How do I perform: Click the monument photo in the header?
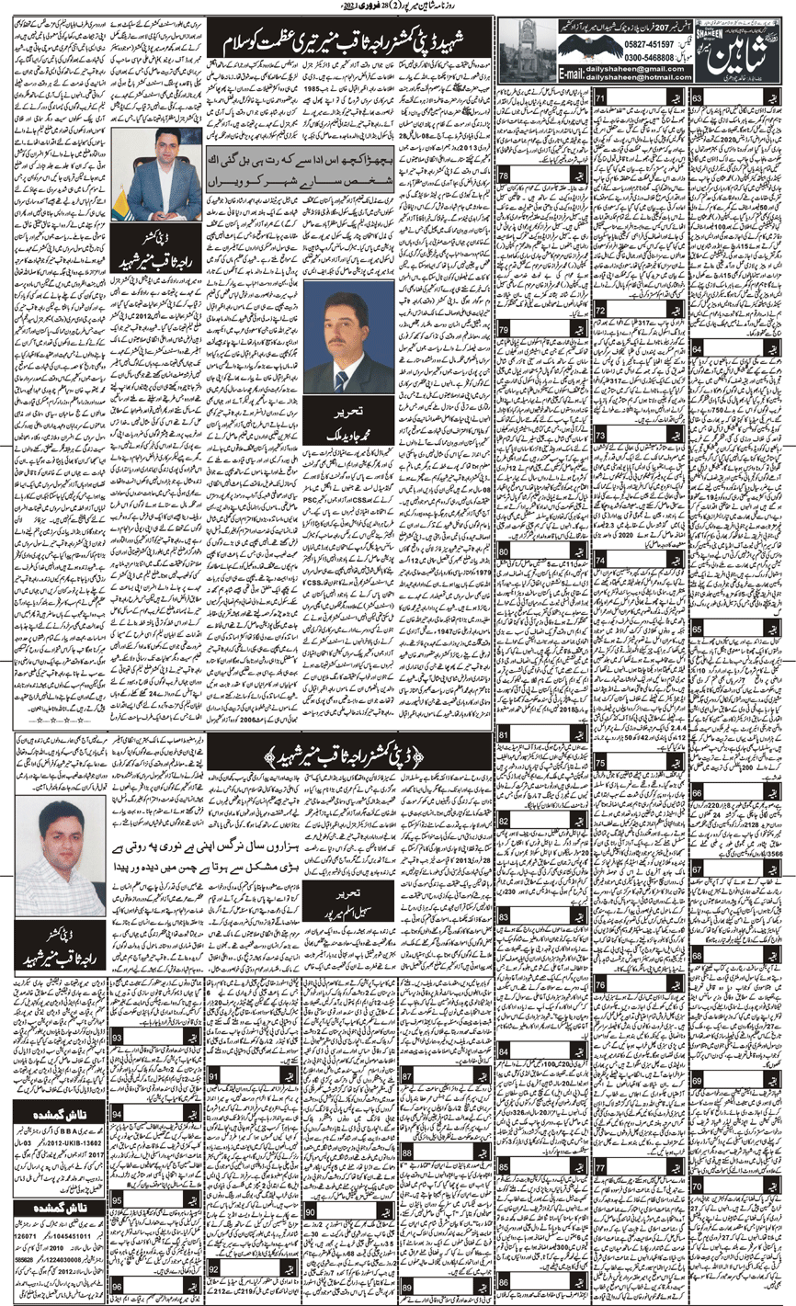523,46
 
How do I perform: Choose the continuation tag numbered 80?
506,551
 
